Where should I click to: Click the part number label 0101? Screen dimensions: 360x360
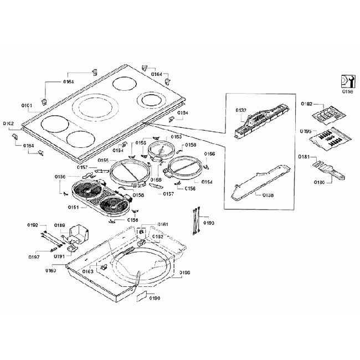tap(27, 105)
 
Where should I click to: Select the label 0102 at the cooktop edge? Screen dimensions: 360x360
tap(8, 123)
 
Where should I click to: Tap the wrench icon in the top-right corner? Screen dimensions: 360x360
tap(346, 81)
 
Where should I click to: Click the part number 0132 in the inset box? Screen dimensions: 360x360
tap(241, 111)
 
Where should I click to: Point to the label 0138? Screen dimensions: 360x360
tap(268, 196)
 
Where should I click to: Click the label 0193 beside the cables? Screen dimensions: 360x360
tap(209, 223)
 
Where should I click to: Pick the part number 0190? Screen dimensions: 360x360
tap(155, 299)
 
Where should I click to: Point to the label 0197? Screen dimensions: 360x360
tap(34, 257)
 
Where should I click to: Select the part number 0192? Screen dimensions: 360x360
tap(33, 225)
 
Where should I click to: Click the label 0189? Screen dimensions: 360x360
tap(60, 225)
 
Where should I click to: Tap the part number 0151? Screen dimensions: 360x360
tap(74, 208)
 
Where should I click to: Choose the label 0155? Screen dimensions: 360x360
tap(104, 160)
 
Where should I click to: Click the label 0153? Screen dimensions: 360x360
tap(176, 136)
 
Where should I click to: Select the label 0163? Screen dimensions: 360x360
tap(88, 271)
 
